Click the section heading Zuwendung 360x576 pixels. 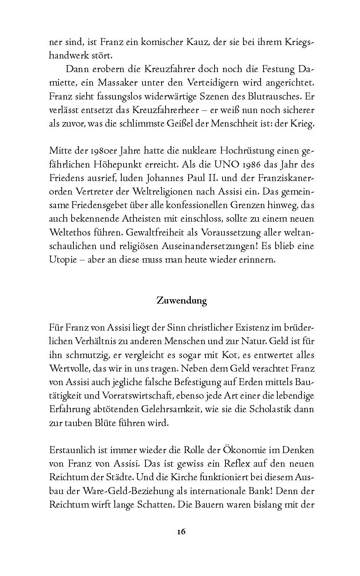(182, 301)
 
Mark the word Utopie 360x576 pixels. (61, 260)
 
